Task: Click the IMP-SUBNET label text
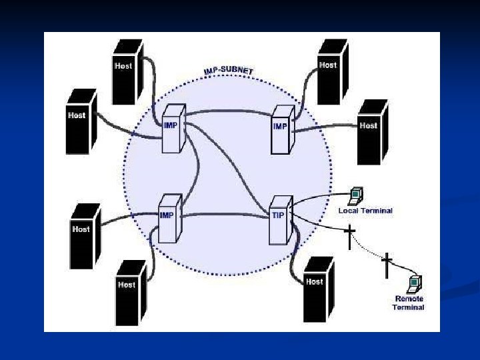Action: click(233, 71)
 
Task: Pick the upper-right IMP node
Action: click(282, 127)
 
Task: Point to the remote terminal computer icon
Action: click(415, 283)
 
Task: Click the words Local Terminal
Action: click(365, 211)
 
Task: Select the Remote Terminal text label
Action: click(409, 303)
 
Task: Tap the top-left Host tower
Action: click(127, 71)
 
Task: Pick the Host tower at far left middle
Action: click(81, 121)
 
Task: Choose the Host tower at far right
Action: click(371, 131)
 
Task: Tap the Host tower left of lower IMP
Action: click(84, 236)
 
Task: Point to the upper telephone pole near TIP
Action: click(349, 237)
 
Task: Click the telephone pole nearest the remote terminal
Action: click(386, 265)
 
